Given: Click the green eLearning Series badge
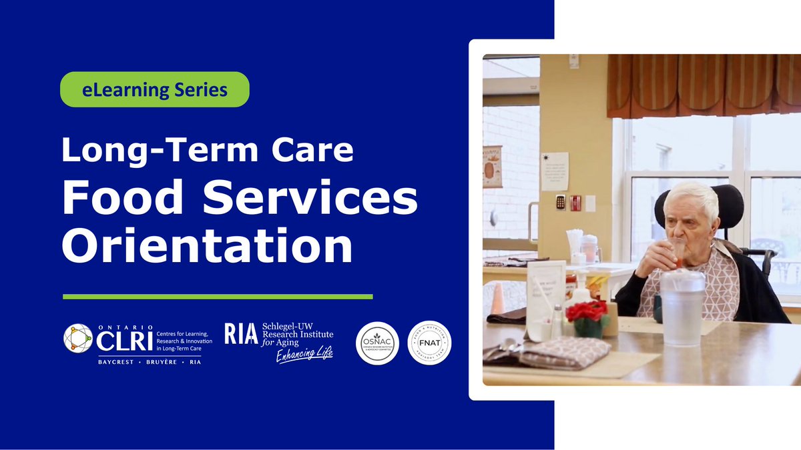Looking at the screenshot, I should [155, 89].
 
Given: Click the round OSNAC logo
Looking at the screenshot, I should [378, 343].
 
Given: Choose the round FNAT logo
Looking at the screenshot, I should [429, 343].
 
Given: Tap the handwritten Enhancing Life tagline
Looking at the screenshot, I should [304, 354].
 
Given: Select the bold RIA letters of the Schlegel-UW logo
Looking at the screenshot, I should [241, 333].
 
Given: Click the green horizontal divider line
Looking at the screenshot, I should [218, 296].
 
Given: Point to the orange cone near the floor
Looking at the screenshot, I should [497, 298].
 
